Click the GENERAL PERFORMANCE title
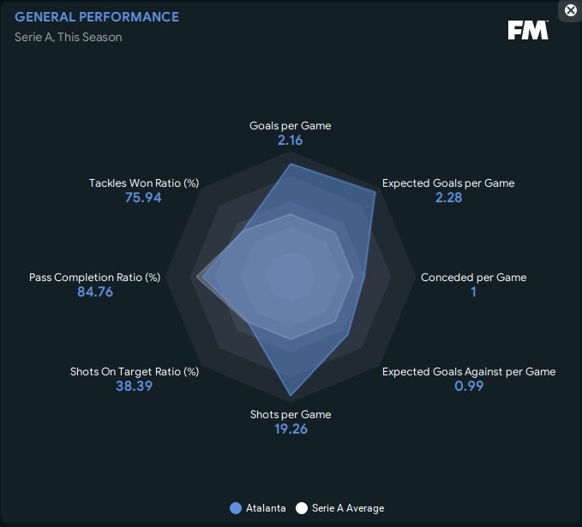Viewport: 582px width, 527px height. click(x=97, y=17)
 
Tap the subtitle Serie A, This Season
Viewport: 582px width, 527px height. click(x=68, y=37)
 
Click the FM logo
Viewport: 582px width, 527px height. click(x=527, y=30)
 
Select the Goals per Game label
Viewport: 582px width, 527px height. click(x=290, y=126)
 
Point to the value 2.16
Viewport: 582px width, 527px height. click(x=290, y=141)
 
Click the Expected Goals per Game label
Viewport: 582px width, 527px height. click(x=448, y=183)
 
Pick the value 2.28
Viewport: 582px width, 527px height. click(x=448, y=198)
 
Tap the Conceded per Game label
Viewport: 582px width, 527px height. click(x=473, y=278)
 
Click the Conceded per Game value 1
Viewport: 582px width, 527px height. click(x=473, y=292)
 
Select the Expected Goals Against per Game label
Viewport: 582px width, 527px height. click(x=469, y=372)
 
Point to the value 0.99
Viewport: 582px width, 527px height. click(x=469, y=386)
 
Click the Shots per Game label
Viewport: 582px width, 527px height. click(x=291, y=415)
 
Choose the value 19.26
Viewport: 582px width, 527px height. click(x=291, y=429)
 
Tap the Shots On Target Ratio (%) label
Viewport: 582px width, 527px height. click(x=135, y=372)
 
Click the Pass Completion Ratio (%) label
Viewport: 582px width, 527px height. click(x=94, y=278)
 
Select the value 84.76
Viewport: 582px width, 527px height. click(x=95, y=292)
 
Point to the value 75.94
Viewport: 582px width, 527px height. click(x=143, y=198)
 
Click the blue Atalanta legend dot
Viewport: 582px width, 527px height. click(x=236, y=508)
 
